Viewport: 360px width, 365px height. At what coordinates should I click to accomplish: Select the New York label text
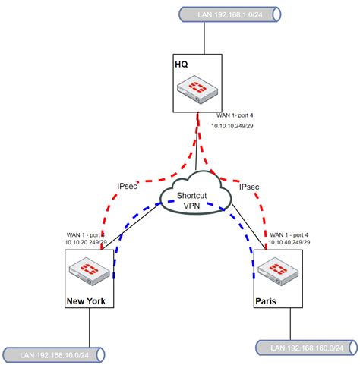pyautogui.click(x=90, y=301)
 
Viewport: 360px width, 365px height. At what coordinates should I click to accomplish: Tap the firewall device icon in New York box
pyautogui.click(x=89, y=269)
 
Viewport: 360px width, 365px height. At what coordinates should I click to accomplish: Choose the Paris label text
pyautogui.click(x=267, y=301)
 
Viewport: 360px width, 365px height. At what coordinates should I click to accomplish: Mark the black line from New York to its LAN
pyautogui.click(x=90, y=326)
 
